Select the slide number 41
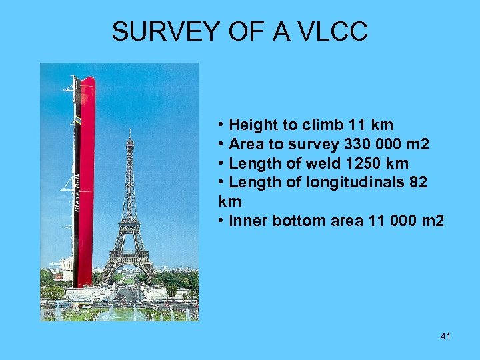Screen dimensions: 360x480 point(445,337)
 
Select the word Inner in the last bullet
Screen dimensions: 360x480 point(246,221)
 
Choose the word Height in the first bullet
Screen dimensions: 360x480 point(251,125)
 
